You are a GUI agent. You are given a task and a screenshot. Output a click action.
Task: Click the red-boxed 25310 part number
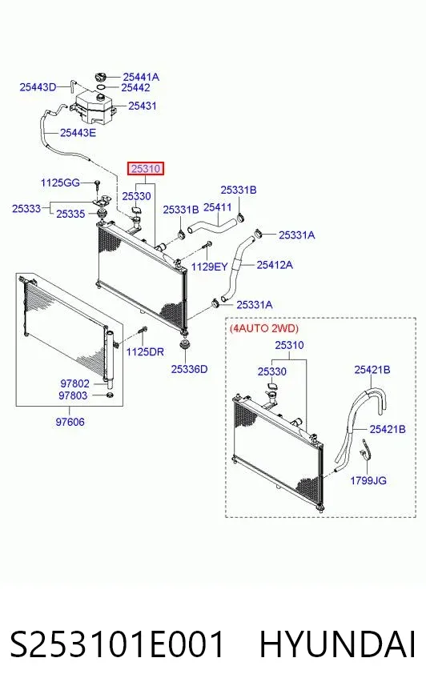click(146, 169)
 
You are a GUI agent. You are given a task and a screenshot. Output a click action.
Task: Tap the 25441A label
click(141, 77)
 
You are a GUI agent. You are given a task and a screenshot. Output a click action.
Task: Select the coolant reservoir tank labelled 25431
click(94, 106)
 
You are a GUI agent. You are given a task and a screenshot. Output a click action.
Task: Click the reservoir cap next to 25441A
click(102, 76)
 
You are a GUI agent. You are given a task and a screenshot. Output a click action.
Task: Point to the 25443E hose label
click(78, 132)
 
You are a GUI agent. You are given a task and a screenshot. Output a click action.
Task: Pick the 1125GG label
click(60, 183)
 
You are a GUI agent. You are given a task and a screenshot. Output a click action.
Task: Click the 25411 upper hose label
click(217, 207)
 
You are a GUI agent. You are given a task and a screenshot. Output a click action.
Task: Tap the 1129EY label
click(209, 267)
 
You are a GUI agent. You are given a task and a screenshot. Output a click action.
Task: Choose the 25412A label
click(275, 265)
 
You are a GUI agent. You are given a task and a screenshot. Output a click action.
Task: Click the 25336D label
click(189, 369)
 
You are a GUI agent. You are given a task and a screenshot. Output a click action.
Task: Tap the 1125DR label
click(145, 351)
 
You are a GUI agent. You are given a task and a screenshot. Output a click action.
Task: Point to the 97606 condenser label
click(70, 422)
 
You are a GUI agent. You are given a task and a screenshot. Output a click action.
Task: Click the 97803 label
click(73, 395)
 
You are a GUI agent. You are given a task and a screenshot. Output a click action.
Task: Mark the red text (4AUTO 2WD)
click(264, 328)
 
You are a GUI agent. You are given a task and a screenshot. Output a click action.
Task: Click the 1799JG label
click(368, 480)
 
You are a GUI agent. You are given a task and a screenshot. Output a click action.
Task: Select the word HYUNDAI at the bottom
click(337, 644)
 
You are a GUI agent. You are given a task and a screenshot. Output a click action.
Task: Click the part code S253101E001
click(117, 644)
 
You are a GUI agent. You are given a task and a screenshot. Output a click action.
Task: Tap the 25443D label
click(38, 86)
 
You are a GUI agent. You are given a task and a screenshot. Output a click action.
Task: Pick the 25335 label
click(70, 214)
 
